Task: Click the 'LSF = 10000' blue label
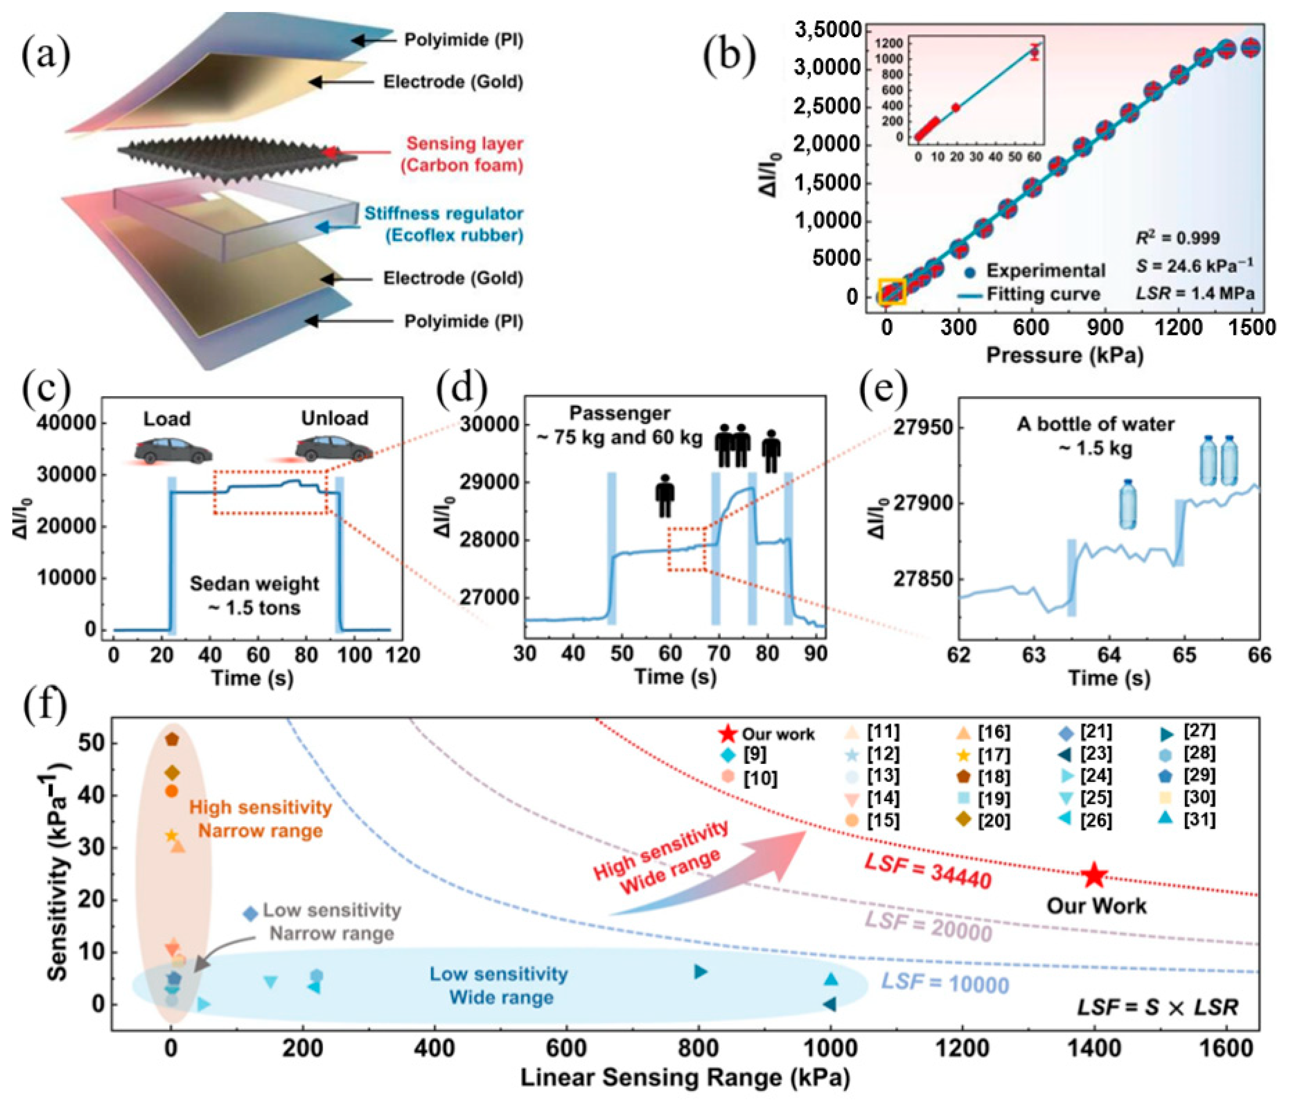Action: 944,983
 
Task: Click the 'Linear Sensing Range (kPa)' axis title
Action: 684,1077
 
